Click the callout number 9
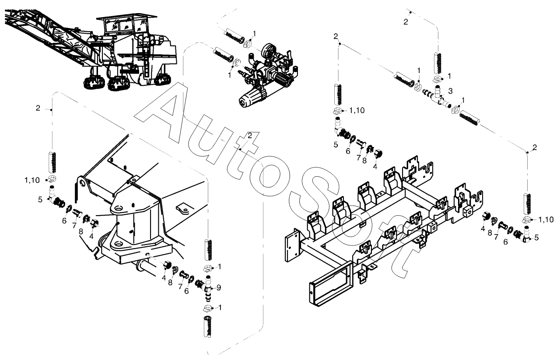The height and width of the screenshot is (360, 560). [x=219, y=287]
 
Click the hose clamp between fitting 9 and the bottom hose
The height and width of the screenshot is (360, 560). [x=207, y=309]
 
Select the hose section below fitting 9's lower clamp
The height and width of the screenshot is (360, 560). [x=207, y=326]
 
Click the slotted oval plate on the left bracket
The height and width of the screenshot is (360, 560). [x=184, y=210]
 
